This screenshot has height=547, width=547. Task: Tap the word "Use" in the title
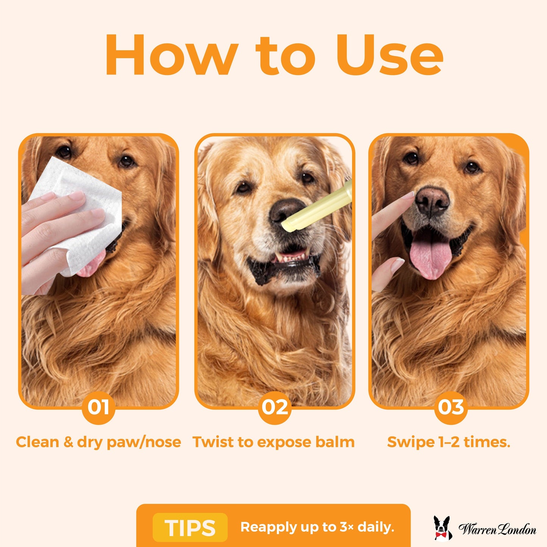(390, 55)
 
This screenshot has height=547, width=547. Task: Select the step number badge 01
(98, 407)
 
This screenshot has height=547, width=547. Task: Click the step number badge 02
(274, 407)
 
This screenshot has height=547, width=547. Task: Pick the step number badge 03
(450, 407)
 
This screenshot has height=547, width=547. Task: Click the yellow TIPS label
(190, 527)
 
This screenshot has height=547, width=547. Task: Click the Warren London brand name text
(497, 529)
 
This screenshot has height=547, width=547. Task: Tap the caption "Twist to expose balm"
(273, 442)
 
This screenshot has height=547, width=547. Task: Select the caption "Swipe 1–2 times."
(449, 442)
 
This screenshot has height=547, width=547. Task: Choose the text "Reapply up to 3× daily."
(317, 527)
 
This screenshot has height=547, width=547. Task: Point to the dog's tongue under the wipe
(91, 268)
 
